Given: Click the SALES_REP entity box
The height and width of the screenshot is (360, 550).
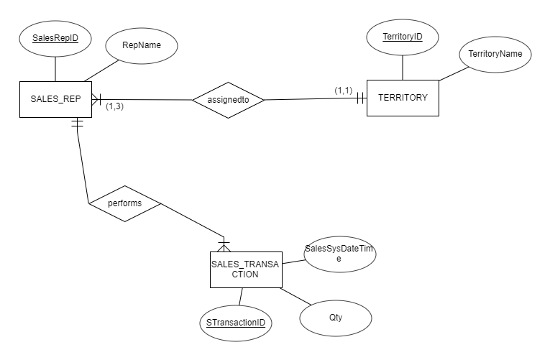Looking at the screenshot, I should pos(55,98).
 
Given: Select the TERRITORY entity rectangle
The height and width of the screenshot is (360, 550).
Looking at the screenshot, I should pos(402,98).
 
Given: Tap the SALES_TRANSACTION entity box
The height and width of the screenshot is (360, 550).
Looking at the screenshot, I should pos(246,269).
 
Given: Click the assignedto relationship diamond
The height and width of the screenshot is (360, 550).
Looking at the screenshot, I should pos(228,100).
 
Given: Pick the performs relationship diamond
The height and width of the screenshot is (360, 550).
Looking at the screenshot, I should pos(124,203).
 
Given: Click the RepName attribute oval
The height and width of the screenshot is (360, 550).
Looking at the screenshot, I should pos(141,45).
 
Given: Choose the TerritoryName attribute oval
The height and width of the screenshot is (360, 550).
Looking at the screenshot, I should pos(495,54).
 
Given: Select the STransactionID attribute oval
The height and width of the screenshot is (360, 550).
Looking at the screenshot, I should pos(234,323).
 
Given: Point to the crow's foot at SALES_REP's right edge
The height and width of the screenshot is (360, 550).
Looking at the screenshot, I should pos(97,98).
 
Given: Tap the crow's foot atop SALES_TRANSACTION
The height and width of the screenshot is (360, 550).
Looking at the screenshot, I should pos(224,245).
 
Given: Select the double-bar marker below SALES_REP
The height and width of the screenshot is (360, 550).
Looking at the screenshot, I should pos(76,124).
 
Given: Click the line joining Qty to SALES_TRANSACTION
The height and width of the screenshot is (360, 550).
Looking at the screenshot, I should pos(295,297).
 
